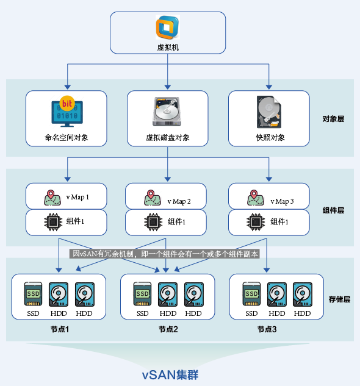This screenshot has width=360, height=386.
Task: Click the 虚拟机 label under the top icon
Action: tap(168, 46)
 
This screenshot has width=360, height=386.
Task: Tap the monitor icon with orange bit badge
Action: tap(67, 111)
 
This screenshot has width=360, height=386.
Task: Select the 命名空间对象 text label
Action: tap(67, 137)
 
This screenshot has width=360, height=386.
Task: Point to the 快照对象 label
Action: tap(270, 137)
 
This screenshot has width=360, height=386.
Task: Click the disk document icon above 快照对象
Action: tap(268, 112)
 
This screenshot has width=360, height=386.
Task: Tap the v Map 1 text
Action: tap(77, 197)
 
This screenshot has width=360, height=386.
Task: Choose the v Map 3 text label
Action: tap(282, 201)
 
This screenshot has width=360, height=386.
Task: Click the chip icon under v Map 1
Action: tap(52, 222)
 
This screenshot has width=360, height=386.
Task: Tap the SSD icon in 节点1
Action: tap(33, 295)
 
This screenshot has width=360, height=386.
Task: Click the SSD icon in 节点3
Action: tap(251, 295)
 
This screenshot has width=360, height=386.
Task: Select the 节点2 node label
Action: tap(168, 329)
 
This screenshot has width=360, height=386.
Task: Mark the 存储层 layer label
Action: tap(339, 299)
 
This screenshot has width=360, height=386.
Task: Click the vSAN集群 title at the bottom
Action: tap(170, 374)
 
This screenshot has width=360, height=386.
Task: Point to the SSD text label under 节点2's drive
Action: tap(142, 313)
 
